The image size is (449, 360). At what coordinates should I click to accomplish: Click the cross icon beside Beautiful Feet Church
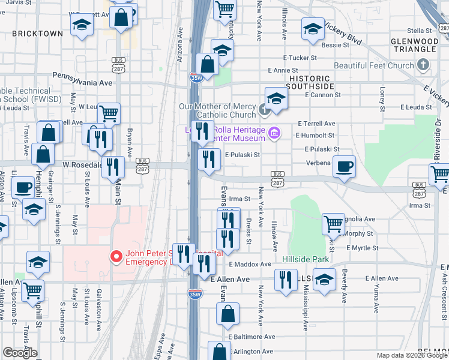[x=424, y=65]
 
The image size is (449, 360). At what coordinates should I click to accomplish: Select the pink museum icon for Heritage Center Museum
[x=274, y=133]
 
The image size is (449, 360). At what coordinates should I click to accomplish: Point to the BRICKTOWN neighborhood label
[x=37, y=34]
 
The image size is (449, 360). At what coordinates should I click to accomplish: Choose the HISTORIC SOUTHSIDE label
[x=310, y=83]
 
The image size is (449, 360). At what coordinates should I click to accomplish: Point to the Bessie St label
[x=335, y=44]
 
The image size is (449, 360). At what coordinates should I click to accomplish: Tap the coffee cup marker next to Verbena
[x=344, y=167]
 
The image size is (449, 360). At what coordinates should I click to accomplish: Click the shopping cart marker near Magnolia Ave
[x=333, y=223]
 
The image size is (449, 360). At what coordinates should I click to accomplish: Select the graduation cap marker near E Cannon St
[x=276, y=98]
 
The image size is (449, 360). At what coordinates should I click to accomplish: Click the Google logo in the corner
[x=20, y=353]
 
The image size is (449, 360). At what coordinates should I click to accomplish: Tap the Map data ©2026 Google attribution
[x=412, y=355]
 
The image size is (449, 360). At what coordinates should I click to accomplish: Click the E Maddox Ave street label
[x=249, y=264]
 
